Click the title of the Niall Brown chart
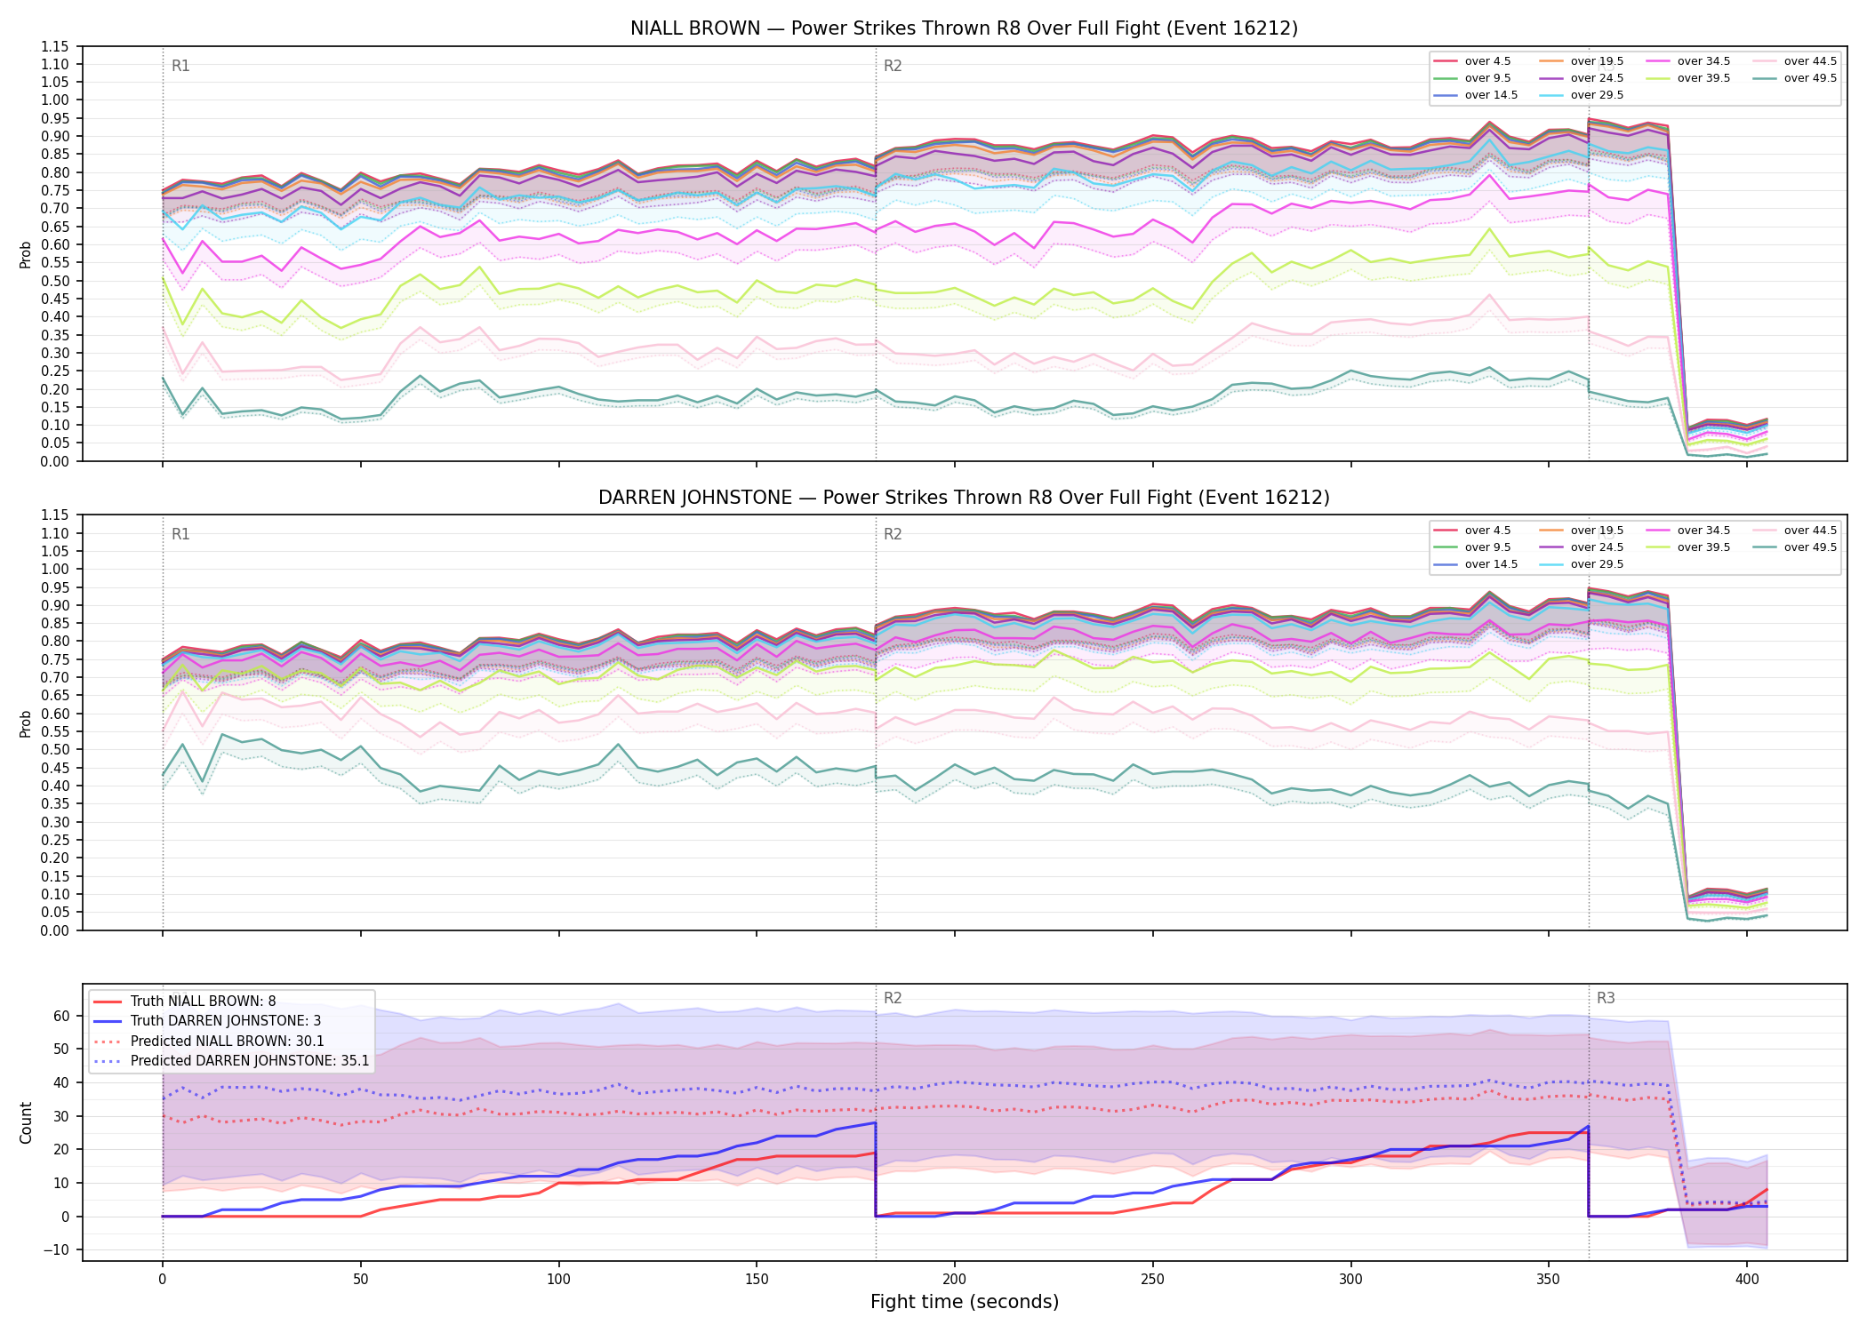coord(964,28)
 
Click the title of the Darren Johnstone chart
coord(964,498)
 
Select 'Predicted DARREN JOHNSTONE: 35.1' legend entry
coord(231,1061)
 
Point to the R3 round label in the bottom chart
coord(1606,998)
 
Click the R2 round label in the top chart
coord(893,66)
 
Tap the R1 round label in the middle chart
coord(180,534)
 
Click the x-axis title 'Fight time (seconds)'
coord(965,1302)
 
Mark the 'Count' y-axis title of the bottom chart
coord(26,1122)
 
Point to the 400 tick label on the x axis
coord(1747,1280)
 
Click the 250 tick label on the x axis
coord(1153,1280)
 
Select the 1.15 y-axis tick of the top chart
coord(55,46)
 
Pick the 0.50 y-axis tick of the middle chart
coord(55,750)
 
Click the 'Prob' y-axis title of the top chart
coord(26,254)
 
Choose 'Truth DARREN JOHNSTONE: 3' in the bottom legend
coord(207,1021)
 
